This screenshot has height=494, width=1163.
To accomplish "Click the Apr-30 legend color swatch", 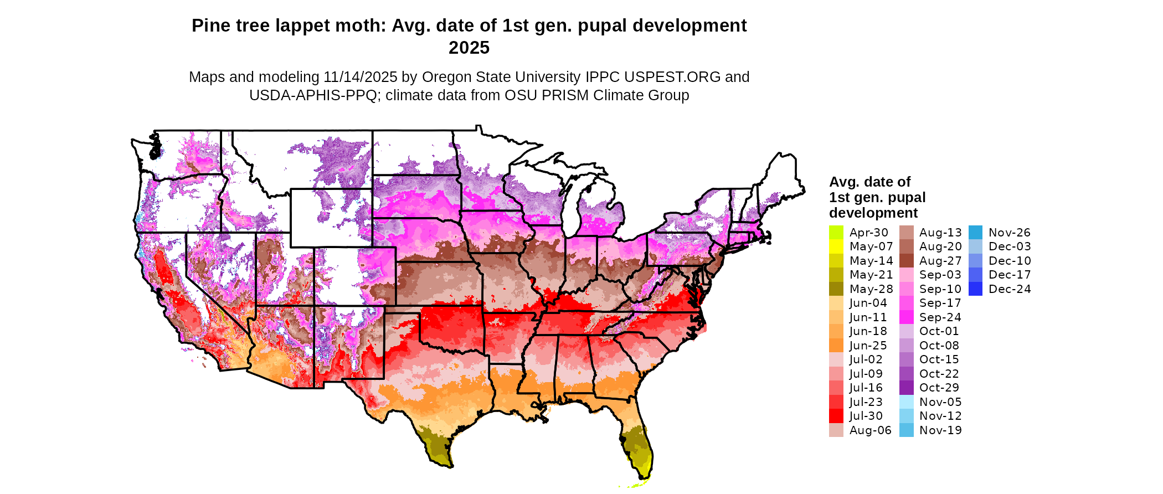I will (x=836, y=233).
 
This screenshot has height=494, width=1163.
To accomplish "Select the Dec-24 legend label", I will (x=1010, y=289).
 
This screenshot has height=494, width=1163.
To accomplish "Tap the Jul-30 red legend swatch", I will (x=836, y=416).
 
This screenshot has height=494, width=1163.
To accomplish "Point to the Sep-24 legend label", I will (x=940, y=317).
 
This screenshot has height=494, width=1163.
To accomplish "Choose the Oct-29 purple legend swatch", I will (x=907, y=388).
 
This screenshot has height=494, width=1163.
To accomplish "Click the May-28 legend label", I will (x=871, y=289).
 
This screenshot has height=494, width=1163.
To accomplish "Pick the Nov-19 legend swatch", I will (x=907, y=430).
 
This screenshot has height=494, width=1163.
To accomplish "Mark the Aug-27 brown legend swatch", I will (x=907, y=261).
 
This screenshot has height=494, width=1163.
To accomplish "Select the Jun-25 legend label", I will (x=868, y=346).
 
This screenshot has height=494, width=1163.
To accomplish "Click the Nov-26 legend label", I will (x=1010, y=233).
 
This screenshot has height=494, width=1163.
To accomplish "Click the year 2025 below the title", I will (x=469, y=48).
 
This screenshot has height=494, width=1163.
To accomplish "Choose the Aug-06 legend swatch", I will (x=836, y=430).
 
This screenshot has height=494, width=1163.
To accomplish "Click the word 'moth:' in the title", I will (x=366, y=26).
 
